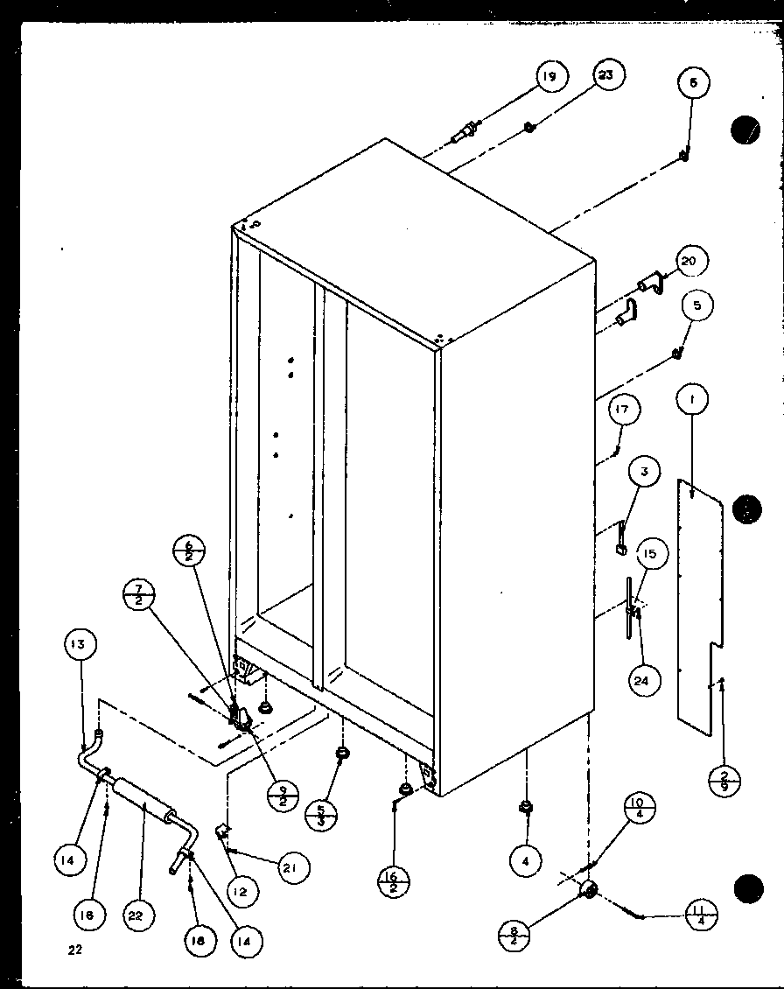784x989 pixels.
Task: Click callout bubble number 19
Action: [549, 77]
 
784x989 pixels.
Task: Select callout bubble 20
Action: [692, 262]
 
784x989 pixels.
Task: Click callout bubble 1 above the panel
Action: [692, 402]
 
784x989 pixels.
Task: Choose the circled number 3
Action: [645, 473]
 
